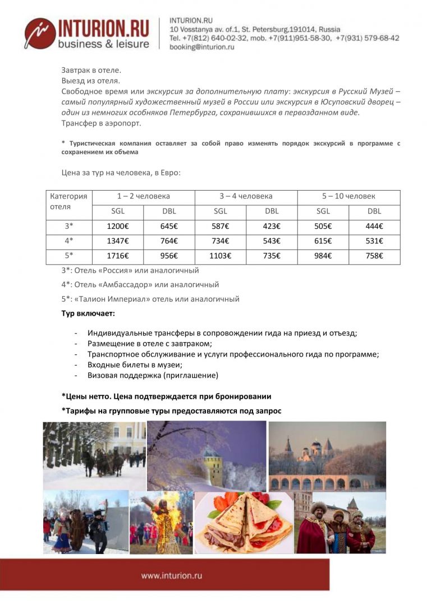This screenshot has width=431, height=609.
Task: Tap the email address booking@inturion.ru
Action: [201, 47]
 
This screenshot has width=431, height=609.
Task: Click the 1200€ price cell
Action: [118, 227]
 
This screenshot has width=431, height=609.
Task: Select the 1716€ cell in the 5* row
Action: [118, 256]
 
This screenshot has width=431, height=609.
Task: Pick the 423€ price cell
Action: [272, 227]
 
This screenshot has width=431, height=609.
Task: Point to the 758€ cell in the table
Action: [374, 256]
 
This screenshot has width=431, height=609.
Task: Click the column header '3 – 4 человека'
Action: [246, 196]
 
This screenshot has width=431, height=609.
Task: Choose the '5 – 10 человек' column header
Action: [349, 196]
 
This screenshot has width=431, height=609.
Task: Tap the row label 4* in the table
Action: [68, 241]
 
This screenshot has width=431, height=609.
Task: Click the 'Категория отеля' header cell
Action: [68, 201]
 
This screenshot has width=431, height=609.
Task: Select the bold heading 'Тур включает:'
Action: [88, 313]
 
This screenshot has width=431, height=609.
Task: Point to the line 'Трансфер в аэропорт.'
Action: [101, 123]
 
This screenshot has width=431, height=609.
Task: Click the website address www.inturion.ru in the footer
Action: [171, 575]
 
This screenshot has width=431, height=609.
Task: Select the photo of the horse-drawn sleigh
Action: [94, 455]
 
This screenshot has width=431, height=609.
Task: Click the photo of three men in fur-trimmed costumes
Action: [340, 523]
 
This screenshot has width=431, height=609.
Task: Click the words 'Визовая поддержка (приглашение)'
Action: [153, 375]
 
